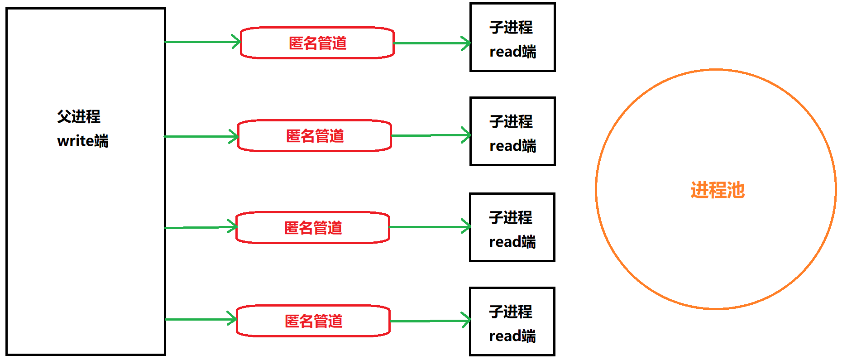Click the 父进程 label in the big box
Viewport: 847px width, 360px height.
click(x=79, y=116)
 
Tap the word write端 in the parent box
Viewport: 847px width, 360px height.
click(x=83, y=141)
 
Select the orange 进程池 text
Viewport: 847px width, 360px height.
click(x=718, y=190)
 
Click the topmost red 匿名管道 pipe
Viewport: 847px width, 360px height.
click(x=317, y=43)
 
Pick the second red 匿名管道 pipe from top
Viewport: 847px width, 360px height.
click(x=315, y=136)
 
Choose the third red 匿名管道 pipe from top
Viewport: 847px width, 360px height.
click(x=313, y=228)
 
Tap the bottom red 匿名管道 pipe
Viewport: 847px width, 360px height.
click(x=313, y=321)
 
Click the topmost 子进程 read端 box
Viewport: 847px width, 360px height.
click(x=512, y=38)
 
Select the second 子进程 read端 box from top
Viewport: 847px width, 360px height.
click(x=512, y=131)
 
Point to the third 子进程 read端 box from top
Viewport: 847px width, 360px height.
click(x=512, y=227)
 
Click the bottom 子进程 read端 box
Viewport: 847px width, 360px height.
click(x=512, y=322)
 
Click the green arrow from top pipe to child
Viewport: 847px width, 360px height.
click(x=432, y=43)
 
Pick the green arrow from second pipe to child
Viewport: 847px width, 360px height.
click(x=431, y=135)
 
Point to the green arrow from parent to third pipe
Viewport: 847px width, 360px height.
click(x=201, y=227)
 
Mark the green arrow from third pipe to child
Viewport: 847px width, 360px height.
click(x=430, y=227)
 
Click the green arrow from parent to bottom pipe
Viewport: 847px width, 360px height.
click(x=201, y=319)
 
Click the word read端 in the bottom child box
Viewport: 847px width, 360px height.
click(x=512, y=336)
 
